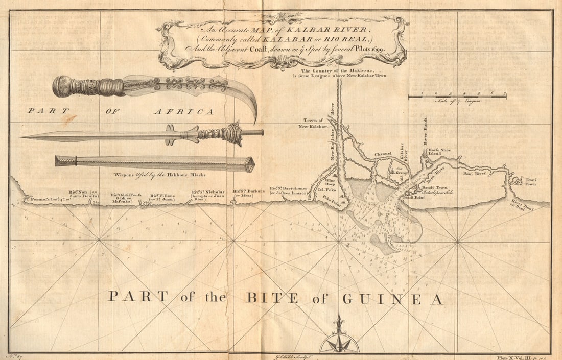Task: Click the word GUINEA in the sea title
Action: [392, 299]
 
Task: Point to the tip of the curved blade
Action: [255, 121]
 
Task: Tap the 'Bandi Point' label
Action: [414, 197]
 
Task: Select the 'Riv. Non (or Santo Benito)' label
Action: [83, 195]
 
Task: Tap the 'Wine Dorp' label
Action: [330, 183]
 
